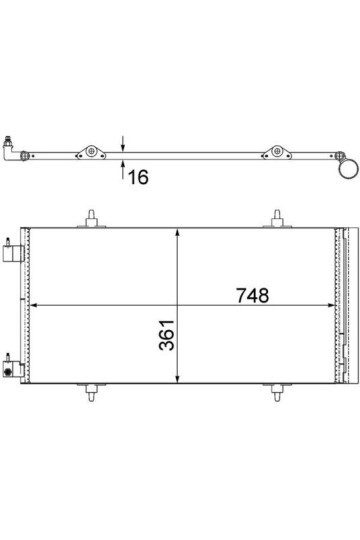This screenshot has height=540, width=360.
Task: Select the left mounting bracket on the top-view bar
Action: tap(92, 152)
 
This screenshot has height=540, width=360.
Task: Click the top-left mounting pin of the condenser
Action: tap(92, 217)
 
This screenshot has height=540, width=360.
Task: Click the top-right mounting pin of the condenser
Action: tap(277, 217)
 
